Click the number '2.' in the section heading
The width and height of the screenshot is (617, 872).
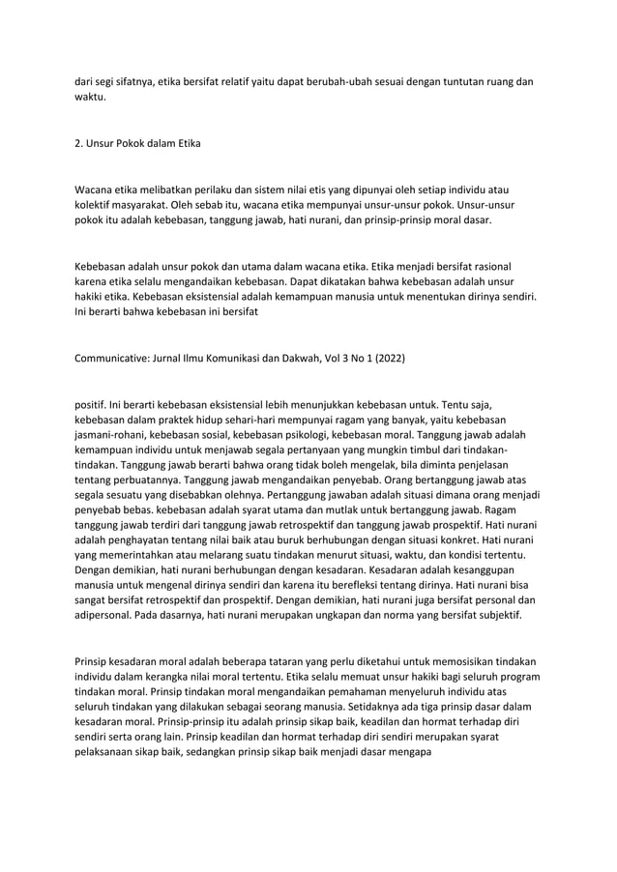coord(80,145)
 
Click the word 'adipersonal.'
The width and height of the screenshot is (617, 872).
coord(105,614)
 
